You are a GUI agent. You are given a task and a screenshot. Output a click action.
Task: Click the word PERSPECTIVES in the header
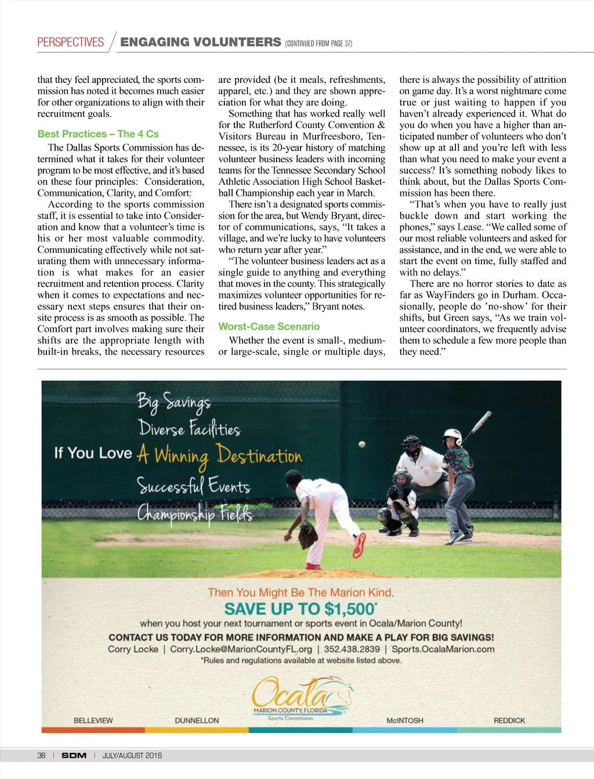[x=70, y=42]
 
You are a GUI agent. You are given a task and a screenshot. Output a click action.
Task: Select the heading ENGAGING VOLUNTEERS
[x=200, y=42]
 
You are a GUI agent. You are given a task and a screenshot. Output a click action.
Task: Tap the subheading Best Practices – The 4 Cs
[x=98, y=134]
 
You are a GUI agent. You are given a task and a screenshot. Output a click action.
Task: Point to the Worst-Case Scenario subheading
[x=269, y=326]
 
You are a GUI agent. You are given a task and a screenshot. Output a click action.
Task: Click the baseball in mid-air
[x=362, y=444]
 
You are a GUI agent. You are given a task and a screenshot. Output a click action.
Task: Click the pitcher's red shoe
[x=360, y=545]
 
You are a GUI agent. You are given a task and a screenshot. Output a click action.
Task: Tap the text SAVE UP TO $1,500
[x=300, y=609]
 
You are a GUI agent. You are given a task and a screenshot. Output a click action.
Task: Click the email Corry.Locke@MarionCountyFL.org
[x=241, y=649]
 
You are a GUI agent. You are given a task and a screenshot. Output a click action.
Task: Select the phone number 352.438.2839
[x=352, y=649]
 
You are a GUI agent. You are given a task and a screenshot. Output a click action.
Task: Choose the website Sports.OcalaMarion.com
[x=443, y=649]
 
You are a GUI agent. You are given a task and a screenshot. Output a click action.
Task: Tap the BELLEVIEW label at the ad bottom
[x=93, y=720]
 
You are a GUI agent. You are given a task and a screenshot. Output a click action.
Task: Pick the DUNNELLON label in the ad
[x=197, y=720]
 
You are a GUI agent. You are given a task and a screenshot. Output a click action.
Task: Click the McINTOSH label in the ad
[x=405, y=720]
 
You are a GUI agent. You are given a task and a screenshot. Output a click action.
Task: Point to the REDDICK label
[x=509, y=720]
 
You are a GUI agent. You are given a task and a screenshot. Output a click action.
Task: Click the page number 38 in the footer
[x=41, y=755]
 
